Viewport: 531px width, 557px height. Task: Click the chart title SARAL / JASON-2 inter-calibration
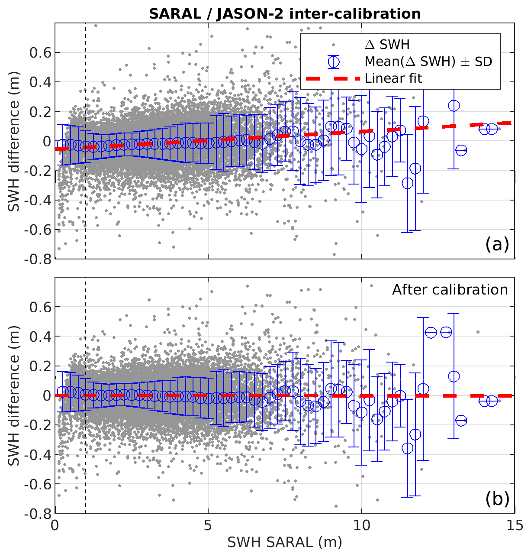pos(285,14)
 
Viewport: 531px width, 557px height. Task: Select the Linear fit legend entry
pos(393,78)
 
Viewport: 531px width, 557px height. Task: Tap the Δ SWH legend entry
pos(387,45)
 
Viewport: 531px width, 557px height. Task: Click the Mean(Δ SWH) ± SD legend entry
pos(428,62)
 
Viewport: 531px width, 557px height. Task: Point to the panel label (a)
pos(497,245)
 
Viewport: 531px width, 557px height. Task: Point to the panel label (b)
pos(497,499)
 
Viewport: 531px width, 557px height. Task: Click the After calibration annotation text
pos(450,289)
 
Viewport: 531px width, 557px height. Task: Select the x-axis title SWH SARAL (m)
pos(285,542)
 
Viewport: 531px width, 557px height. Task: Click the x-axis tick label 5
pos(208,525)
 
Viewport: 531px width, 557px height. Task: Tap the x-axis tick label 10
pos(361,525)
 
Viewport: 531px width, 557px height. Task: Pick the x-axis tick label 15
pos(514,525)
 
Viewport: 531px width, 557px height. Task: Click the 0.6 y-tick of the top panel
pos(40,53)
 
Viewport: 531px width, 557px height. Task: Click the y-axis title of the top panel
pos(14,156)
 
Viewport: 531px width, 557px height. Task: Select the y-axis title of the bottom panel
pos(14,410)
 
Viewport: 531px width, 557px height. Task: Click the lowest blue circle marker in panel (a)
pos(407,183)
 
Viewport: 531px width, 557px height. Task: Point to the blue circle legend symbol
pos(333,62)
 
